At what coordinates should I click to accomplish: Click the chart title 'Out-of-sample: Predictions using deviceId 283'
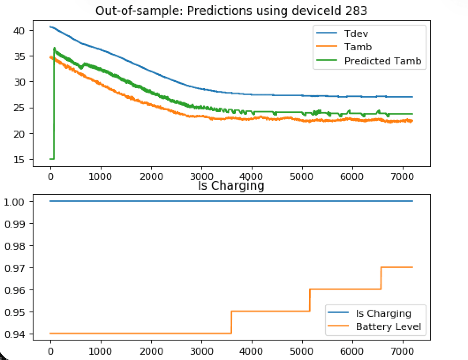point(231,10)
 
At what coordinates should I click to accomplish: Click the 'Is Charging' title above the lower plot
point(231,185)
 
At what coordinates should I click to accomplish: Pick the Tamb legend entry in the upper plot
point(358,47)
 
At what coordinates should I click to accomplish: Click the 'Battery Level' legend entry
point(388,326)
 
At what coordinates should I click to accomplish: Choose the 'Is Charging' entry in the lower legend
point(383,313)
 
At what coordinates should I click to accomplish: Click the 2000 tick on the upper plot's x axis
point(151,176)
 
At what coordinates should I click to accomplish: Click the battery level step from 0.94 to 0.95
point(231,322)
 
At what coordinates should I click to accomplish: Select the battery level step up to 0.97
point(381,278)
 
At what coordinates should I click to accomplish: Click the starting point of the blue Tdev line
point(51,27)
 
